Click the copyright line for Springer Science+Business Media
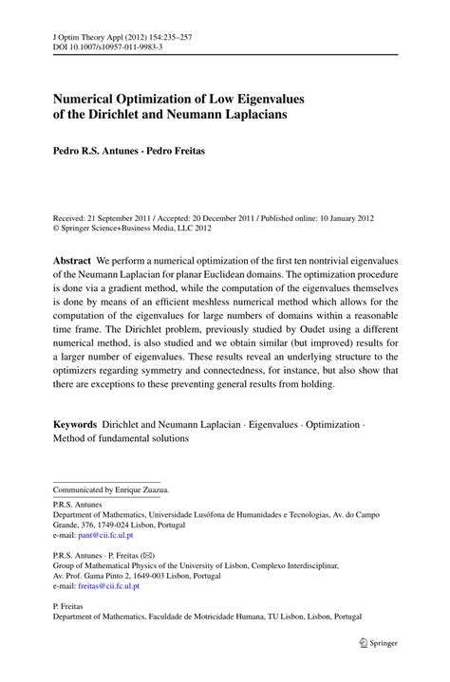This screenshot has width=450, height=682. tap(132, 228)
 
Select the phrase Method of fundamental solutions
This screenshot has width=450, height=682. tap(121, 438)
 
